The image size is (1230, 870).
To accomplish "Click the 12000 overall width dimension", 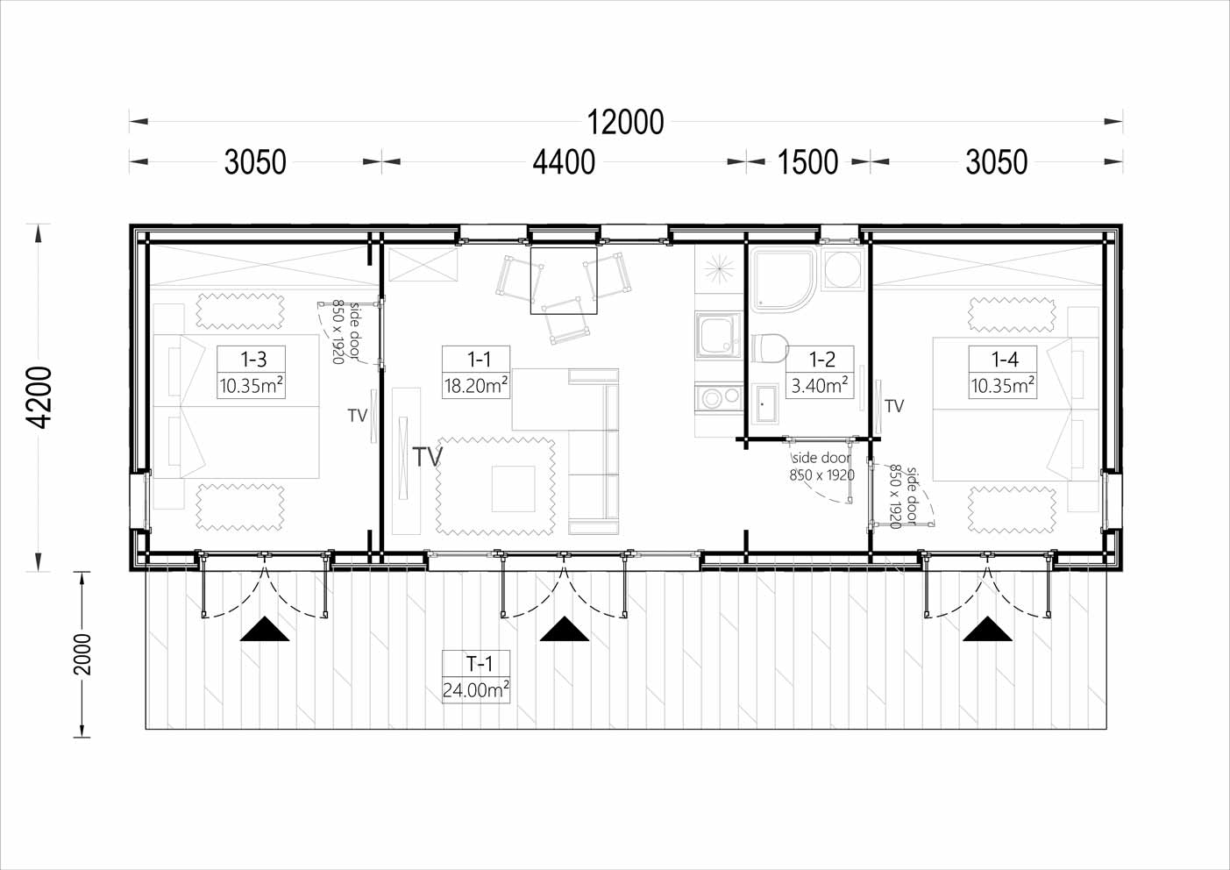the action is coord(625,122).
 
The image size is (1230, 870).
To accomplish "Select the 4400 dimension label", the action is coord(564,162).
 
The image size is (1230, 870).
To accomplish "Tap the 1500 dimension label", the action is coord(807,162).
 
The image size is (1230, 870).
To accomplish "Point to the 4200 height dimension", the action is coord(39,397).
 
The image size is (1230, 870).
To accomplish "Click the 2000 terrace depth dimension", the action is coord(82,654).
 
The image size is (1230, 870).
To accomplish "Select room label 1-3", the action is coord(253,360).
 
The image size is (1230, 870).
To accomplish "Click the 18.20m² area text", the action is coord(475,386).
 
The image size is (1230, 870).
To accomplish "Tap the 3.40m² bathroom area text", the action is coord(819,386).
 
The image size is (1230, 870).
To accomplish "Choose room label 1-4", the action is coord(1005,360).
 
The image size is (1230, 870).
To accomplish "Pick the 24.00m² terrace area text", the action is coord(475,690).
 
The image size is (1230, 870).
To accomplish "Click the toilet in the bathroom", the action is coord(770,348).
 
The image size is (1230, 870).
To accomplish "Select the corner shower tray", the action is coord(784,280).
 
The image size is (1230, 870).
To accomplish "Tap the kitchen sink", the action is coord(719,335).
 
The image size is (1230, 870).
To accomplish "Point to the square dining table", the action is coord(564,281).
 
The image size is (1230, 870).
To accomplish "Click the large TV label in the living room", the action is coord(427,456).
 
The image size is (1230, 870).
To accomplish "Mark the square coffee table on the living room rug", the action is coord(514,488).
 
